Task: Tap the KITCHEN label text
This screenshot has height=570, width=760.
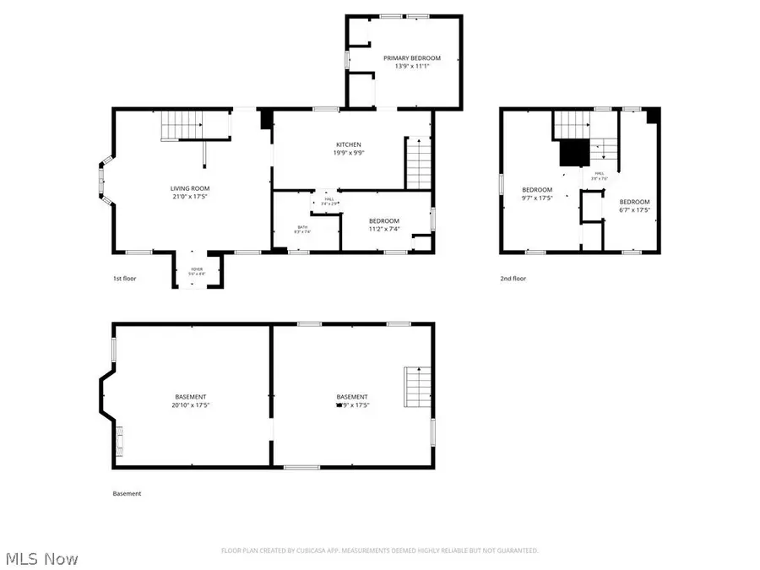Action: pos(349,145)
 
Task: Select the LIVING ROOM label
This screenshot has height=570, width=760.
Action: pos(190,188)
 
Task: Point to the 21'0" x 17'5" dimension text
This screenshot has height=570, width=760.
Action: pos(190,197)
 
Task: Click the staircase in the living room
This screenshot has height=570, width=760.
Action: pos(182,128)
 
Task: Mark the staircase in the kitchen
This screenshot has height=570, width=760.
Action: pos(419,163)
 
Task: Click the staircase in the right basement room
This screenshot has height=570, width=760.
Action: pos(418,387)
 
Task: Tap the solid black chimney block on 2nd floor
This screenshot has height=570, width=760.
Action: pos(574,153)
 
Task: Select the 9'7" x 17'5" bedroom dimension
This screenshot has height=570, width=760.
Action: pos(536,198)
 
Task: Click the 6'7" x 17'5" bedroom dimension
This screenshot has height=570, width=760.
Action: pos(634,210)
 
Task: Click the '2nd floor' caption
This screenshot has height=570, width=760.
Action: pos(513,279)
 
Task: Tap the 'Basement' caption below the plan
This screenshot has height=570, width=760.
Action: pos(127,494)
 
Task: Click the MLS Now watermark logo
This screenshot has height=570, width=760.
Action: pos(42,559)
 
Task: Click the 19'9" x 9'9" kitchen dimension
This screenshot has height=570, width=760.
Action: pos(349,154)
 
